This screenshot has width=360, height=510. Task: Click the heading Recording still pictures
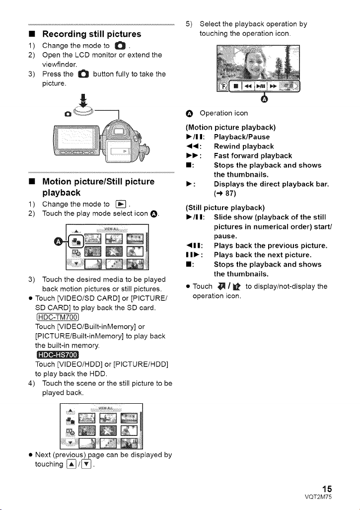point(91,34)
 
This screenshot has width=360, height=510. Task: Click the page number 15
point(327,489)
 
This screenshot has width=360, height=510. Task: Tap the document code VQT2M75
point(318,497)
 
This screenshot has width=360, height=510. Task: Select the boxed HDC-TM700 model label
point(57,317)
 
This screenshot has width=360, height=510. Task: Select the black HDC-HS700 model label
point(57,355)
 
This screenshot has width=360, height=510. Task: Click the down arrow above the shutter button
point(83,100)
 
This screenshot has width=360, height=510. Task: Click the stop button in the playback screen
point(236,86)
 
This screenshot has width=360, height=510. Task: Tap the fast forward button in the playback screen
point(273,86)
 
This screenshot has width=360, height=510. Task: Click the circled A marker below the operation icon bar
point(265,99)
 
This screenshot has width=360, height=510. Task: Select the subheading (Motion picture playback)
point(230,127)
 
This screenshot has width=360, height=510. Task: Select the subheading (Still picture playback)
point(225,208)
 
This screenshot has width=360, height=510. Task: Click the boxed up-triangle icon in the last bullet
point(71,464)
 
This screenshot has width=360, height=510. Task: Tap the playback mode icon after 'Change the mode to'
point(121,204)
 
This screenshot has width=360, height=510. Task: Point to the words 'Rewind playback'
point(244,146)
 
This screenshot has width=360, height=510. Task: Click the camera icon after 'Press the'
point(83,74)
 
